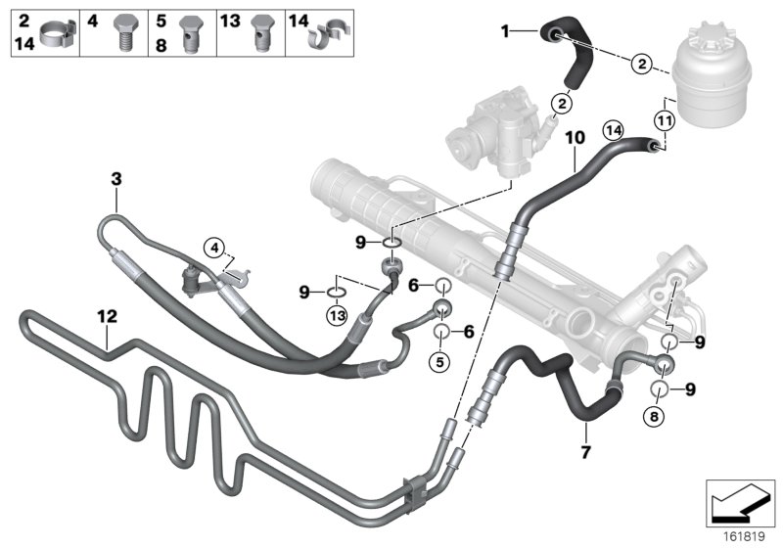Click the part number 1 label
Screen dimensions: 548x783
coord(506,32)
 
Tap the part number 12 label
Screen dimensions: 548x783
coord(108,316)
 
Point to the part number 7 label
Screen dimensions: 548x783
coord(585,452)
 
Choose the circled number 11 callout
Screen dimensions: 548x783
coord(665,121)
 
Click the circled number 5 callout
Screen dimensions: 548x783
coord(440,360)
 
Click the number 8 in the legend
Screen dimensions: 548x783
coord(160,42)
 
